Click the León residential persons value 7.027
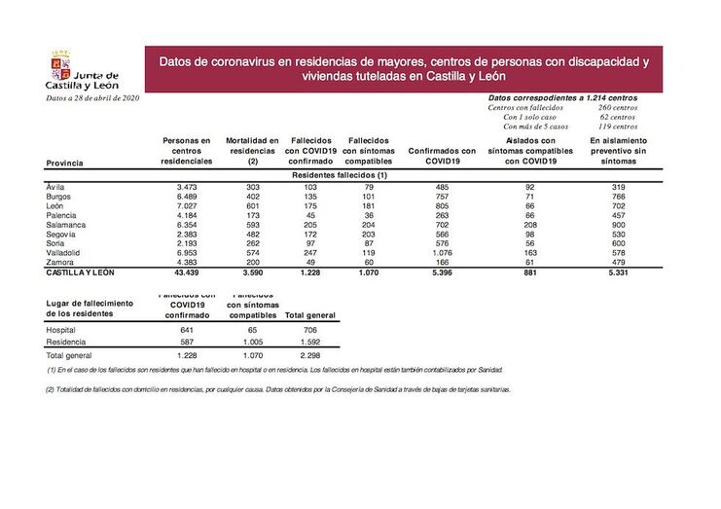[187, 204]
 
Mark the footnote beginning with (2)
[277, 389]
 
